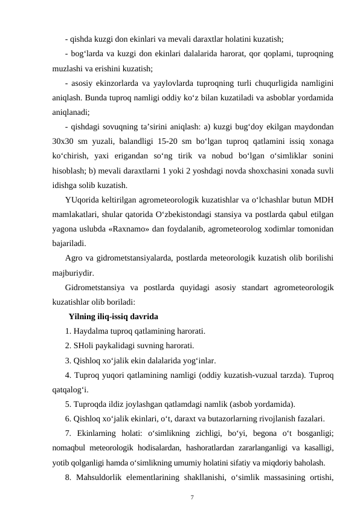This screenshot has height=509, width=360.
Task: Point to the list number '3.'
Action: coord(68,361)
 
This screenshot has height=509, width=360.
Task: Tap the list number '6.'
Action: coord(68,418)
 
